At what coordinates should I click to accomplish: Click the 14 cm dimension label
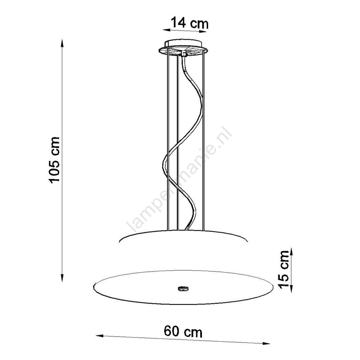190,23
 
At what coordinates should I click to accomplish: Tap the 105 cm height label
54,160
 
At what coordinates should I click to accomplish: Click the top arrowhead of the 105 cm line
62,44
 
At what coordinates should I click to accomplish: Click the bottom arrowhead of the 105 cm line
62,278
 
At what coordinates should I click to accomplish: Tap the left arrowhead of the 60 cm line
100,336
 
